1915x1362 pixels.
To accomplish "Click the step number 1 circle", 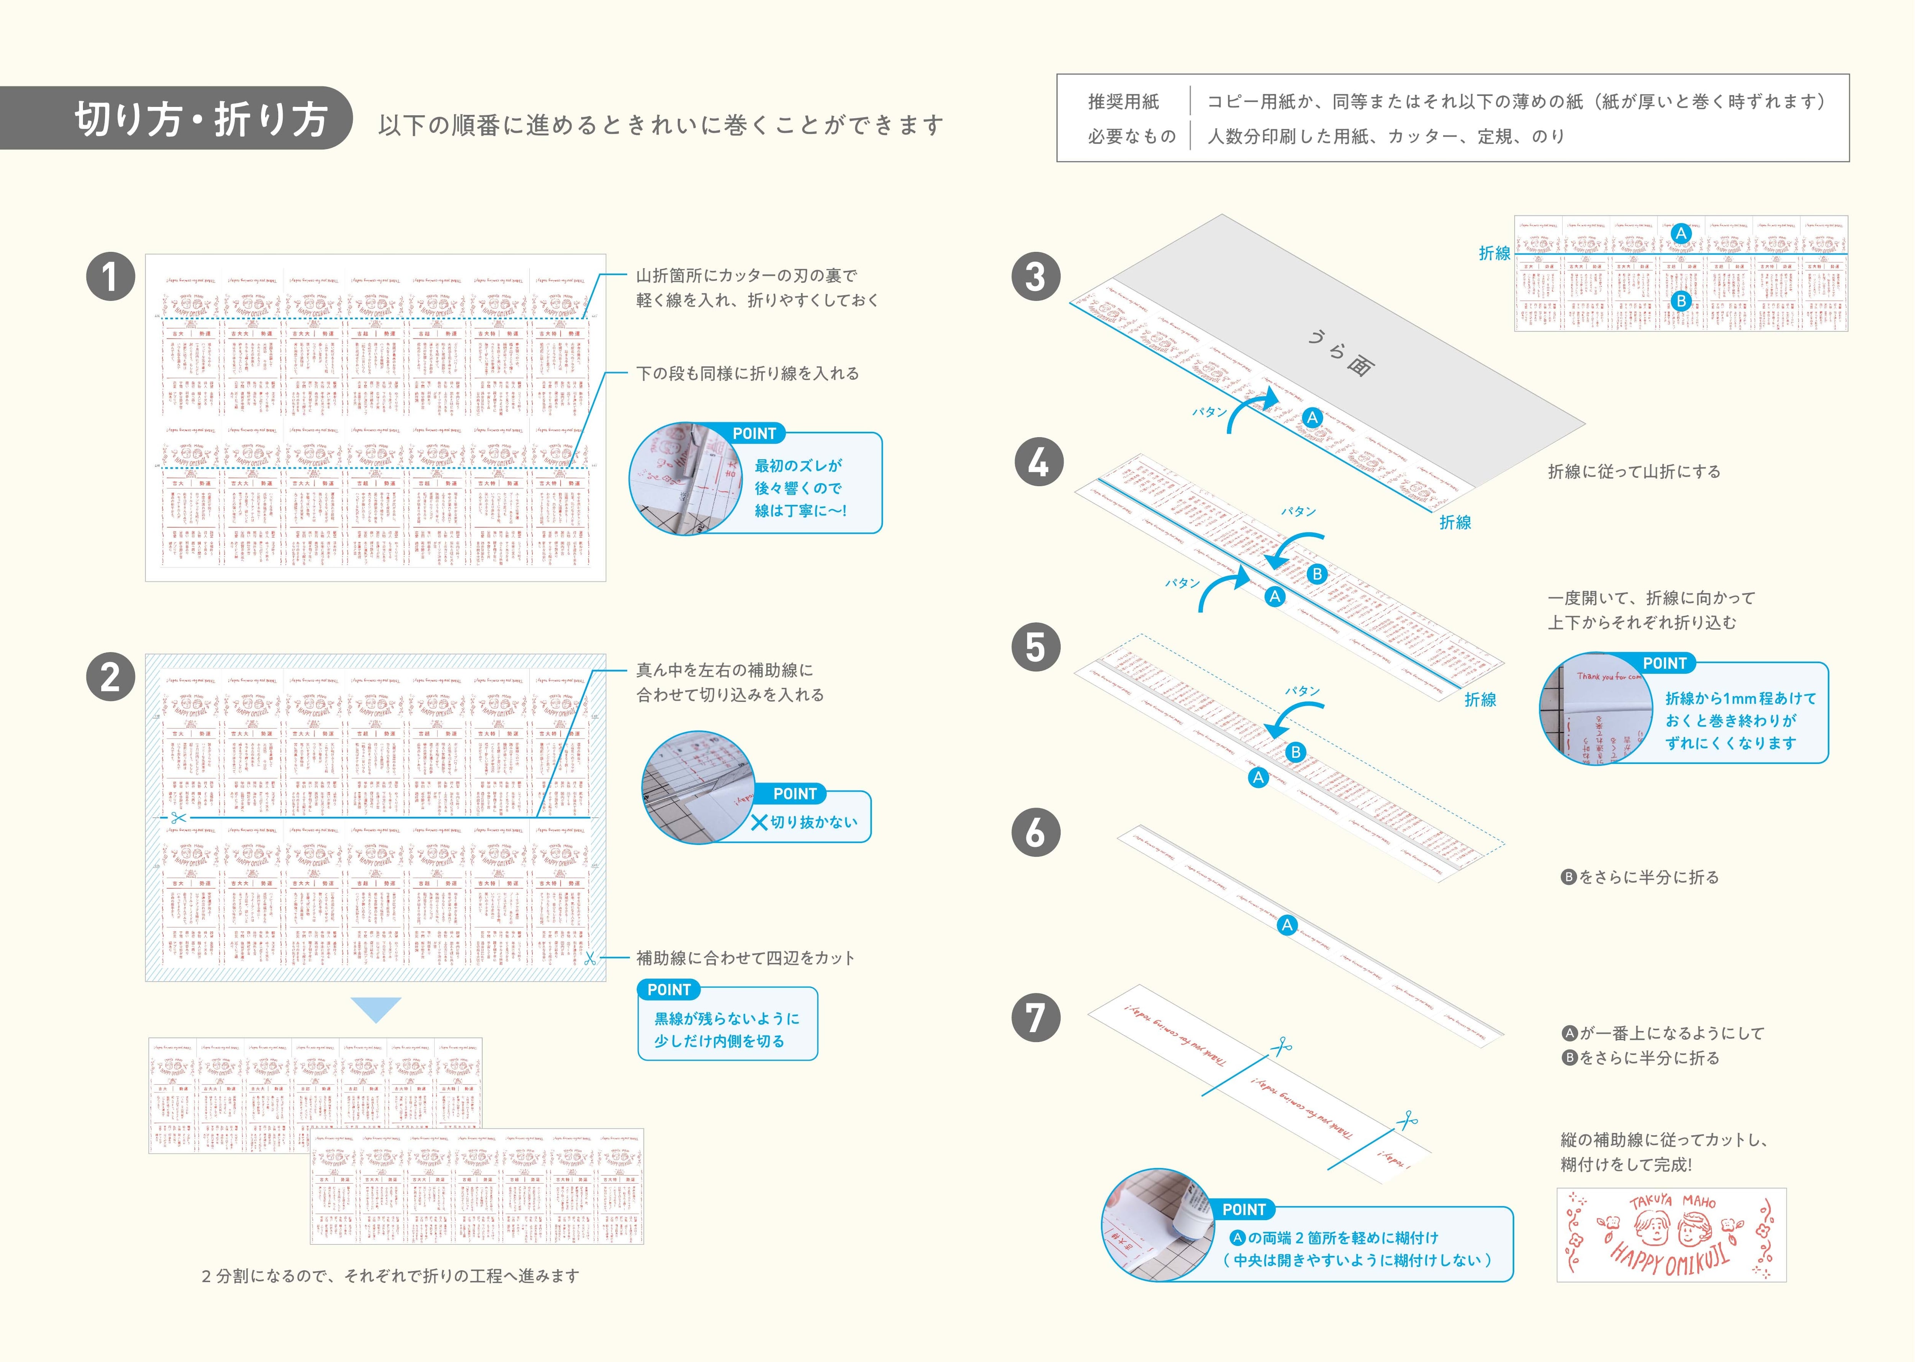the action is click(x=111, y=277).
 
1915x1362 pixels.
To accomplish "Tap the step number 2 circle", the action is click(x=111, y=677).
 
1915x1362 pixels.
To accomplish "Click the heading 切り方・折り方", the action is click(x=201, y=119).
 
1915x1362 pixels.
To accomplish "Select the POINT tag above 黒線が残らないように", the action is click(x=669, y=990).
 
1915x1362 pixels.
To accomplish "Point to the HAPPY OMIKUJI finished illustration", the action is click(x=1671, y=1234).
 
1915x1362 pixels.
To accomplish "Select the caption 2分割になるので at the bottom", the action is click(x=390, y=1275).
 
